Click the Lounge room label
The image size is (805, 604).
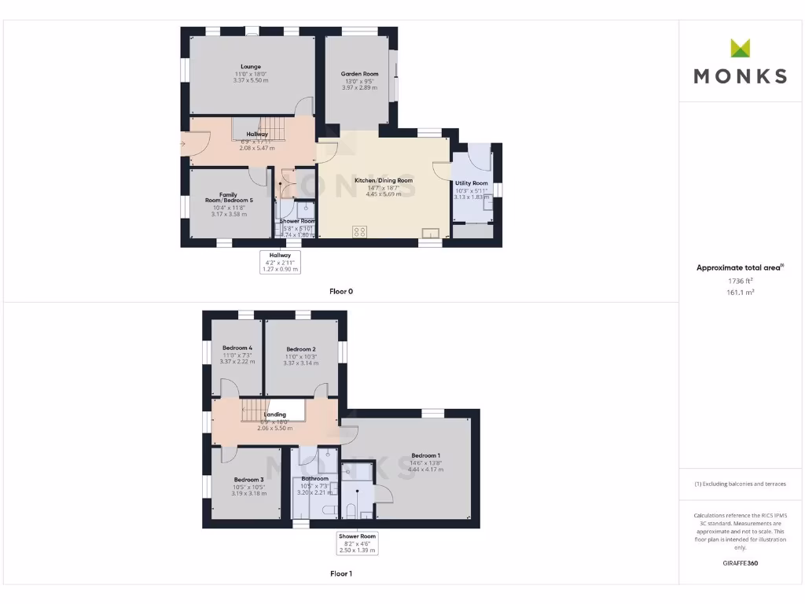[251, 67]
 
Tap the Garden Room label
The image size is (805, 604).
[359, 74]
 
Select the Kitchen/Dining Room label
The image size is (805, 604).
[384, 180]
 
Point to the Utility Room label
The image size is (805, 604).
[471, 183]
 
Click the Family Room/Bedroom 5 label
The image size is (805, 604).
[229, 197]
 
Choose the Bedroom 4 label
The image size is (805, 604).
[237, 348]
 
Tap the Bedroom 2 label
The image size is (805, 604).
[301, 349]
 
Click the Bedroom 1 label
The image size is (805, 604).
[425, 455]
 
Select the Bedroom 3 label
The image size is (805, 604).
[248, 480]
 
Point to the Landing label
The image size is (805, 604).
[275, 414]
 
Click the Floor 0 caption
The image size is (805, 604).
[341, 292]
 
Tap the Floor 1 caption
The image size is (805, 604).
[341, 574]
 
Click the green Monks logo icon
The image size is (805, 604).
[740, 48]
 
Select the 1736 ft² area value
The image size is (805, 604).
[740, 280]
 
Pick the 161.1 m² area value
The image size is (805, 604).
[740, 292]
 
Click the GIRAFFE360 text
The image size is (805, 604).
[740, 563]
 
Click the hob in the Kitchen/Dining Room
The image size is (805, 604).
[361, 231]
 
